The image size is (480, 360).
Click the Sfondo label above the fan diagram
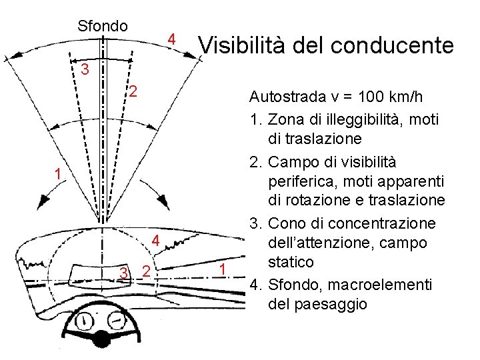(103, 26)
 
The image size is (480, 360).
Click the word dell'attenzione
(327, 243)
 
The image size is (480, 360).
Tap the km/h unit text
(406, 97)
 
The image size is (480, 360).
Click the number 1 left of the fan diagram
(59, 175)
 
